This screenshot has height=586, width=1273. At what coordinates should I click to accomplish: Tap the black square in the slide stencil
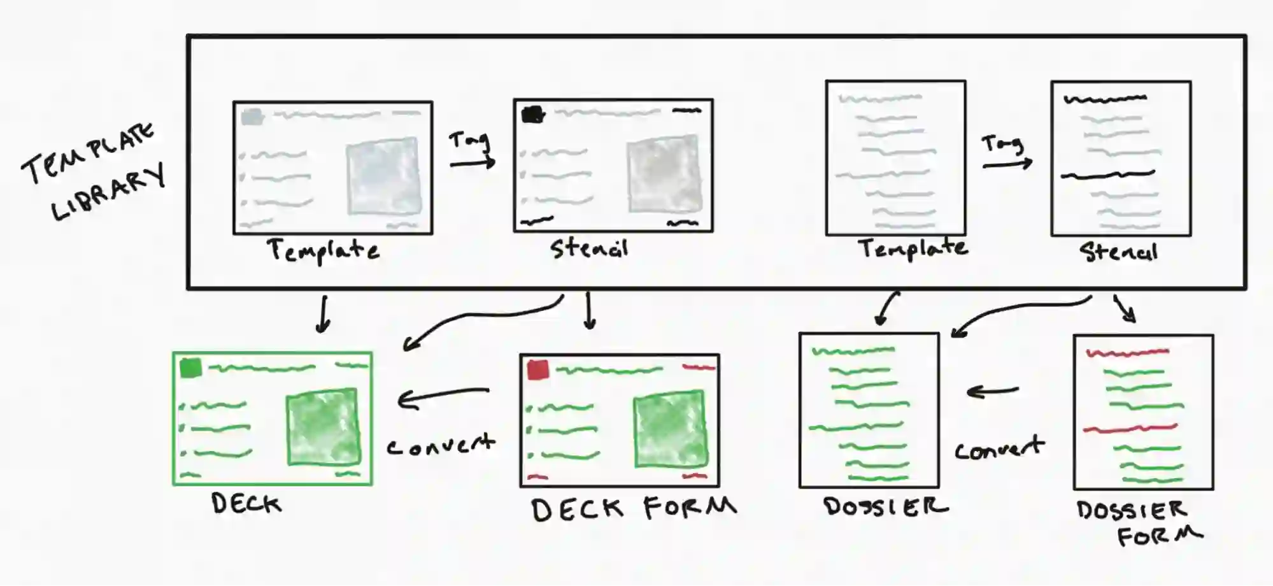(533, 114)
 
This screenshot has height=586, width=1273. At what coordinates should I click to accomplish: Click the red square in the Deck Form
(538, 369)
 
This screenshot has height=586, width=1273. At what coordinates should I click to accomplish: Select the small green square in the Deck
(190, 368)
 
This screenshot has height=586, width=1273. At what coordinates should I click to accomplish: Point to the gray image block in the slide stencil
(665, 174)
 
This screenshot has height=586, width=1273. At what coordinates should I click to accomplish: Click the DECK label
(246, 504)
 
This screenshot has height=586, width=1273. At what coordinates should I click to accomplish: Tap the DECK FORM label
(633, 509)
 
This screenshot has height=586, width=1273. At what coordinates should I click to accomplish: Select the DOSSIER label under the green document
(885, 506)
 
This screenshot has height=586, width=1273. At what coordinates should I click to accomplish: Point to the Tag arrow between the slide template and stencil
(472, 164)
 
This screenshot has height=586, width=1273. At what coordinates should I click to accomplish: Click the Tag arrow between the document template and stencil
(1006, 164)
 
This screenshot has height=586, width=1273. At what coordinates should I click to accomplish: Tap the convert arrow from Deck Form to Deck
(443, 397)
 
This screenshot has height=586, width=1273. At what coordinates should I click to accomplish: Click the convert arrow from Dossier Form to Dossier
(992, 391)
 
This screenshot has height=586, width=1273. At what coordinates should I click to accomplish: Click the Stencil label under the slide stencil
(590, 248)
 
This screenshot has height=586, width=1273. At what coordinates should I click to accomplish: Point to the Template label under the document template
(913, 248)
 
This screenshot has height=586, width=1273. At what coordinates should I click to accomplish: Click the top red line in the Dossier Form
(1127, 352)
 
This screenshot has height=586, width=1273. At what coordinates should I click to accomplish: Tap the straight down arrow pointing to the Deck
(324, 314)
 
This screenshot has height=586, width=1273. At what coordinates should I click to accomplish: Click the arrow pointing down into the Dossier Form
(1126, 309)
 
